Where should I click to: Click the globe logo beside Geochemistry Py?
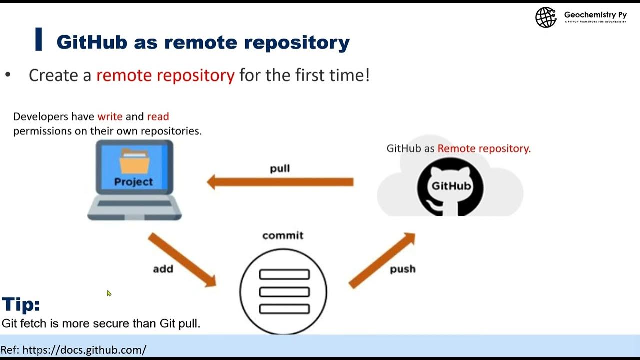(x=546, y=18)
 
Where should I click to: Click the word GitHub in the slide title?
(x=91, y=42)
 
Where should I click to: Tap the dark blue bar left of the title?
(x=38, y=40)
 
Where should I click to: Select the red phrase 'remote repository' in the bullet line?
(x=165, y=75)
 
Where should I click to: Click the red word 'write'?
(x=110, y=116)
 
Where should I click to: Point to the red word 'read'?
(x=158, y=116)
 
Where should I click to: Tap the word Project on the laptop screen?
(x=133, y=182)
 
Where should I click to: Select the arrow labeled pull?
(x=280, y=182)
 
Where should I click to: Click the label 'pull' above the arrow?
(x=280, y=169)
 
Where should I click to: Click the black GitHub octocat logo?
(x=450, y=186)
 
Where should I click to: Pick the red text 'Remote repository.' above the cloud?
(x=484, y=148)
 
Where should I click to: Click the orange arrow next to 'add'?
(x=182, y=260)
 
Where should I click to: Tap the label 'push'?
(x=402, y=269)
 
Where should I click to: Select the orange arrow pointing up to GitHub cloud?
(x=382, y=260)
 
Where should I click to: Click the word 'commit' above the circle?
(x=283, y=235)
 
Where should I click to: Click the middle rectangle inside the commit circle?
(x=284, y=292)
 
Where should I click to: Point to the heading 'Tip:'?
(x=21, y=304)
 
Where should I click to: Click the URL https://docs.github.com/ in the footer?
(x=84, y=350)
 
